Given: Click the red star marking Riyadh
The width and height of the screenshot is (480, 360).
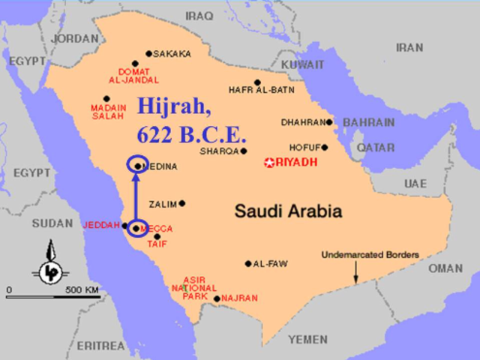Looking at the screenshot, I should tap(270, 163).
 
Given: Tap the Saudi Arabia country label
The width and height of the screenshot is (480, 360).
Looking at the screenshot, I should tap(289, 211).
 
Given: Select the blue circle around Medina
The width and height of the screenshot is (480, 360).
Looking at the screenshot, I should tap(137, 165).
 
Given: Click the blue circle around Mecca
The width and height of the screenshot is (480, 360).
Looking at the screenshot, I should tap(136, 227).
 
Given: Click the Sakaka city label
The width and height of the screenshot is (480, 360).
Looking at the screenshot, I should tap(172, 54).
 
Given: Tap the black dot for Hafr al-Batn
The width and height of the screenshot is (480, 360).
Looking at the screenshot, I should tap(257, 82).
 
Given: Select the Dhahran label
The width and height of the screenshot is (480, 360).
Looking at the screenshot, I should tap(303, 122).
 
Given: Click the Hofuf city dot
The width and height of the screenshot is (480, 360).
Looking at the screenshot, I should tap(325, 147).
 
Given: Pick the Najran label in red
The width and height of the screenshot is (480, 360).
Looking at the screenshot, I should tap(239, 298).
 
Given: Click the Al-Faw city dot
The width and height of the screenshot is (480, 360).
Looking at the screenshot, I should tap(248, 263).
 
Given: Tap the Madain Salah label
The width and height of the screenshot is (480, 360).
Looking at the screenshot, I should tap(108, 112).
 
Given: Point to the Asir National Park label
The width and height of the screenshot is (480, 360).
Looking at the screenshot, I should tap(194, 288).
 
